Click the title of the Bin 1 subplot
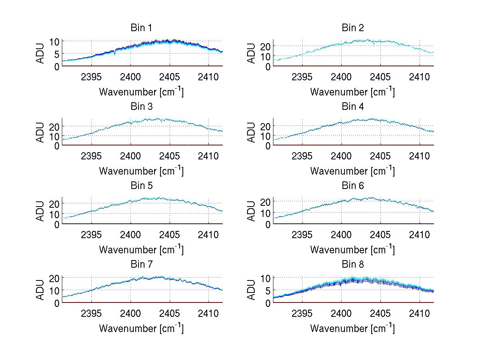coord(141,28)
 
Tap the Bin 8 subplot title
coord(352,265)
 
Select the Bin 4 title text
coord(352,107)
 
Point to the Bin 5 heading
coord(141,186)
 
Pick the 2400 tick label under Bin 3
coord(130,155)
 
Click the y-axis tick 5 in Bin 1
coord(57,54)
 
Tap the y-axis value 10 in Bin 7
coord(55,290)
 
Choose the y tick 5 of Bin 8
coord(267,290)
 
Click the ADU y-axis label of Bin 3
coord(41,133)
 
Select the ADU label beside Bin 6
coord(251,211)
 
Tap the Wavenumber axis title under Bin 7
coord(141,328)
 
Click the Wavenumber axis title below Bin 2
coord(352,92)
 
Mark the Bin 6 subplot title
coord(352,186)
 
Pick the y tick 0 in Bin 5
coord(57,225)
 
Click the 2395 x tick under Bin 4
coord(303,155)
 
